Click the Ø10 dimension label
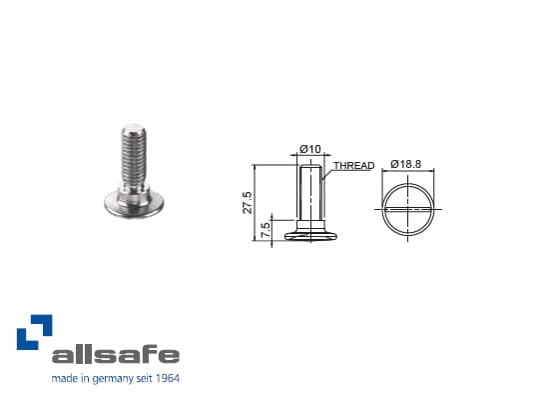click(311, 150)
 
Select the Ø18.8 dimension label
click(409, 163)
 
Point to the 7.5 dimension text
click(265, 228)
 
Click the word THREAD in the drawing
click(353, 166)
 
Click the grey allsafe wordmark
click(116, 355)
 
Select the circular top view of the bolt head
click(409, 207)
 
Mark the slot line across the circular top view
click(409, 208)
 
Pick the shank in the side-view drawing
click(311, 190)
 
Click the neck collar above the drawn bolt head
click(311, 226)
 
